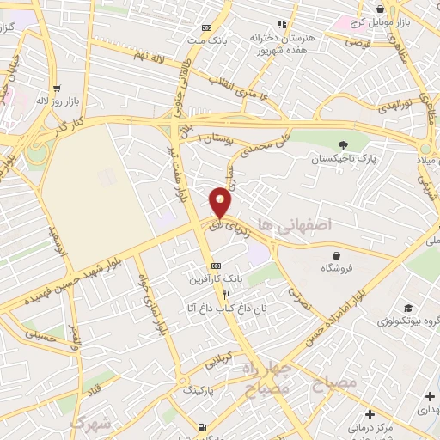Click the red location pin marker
click(x=221, y=201)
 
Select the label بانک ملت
click(x=211, y=40)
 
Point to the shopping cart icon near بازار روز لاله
click(x=57, y=88)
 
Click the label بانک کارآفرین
click(x=217, y=280)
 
